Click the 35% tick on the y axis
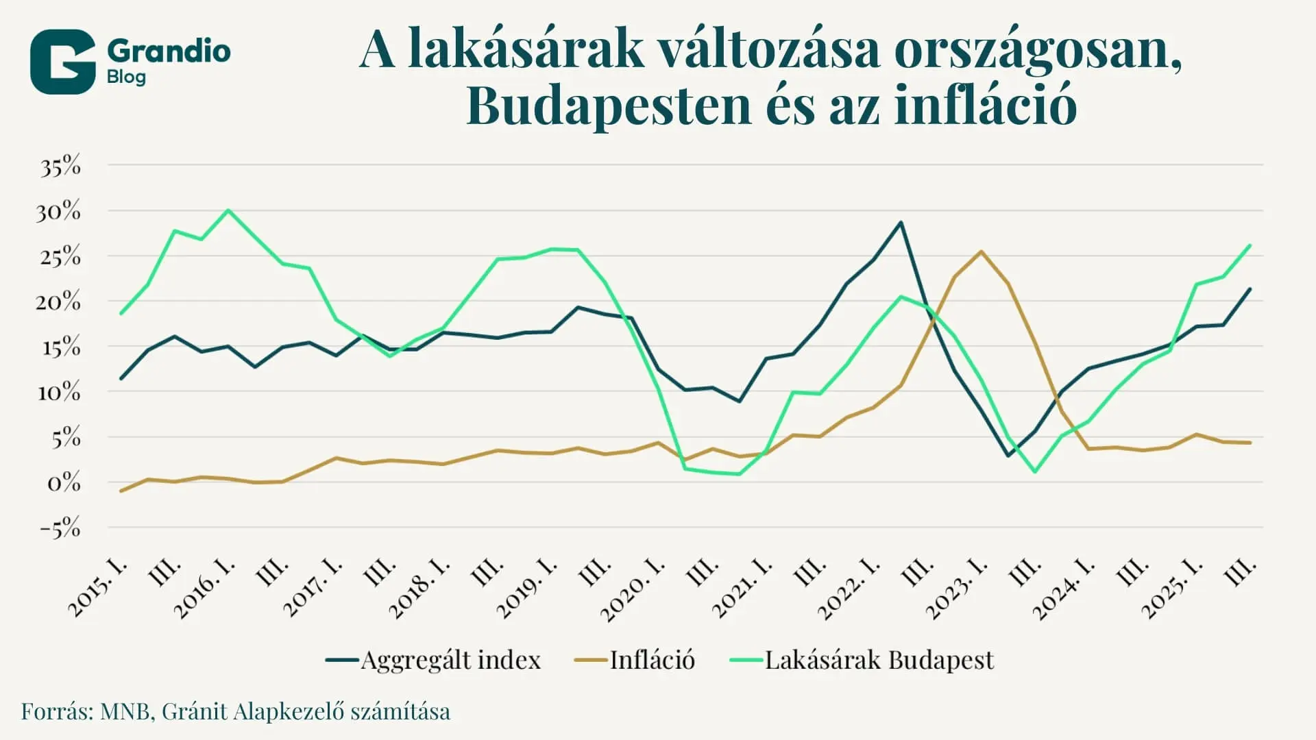click(60, 166)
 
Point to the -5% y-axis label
click(60, 528)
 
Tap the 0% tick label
click(63, 483)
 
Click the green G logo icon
click(62, 62)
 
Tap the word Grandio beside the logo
click(169, 51)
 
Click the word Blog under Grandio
click(126, 77)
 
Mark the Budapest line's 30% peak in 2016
click(228, 210)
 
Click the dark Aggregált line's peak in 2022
click(901, 222)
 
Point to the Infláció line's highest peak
click(981, 251)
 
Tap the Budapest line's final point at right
click(1250, 245)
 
